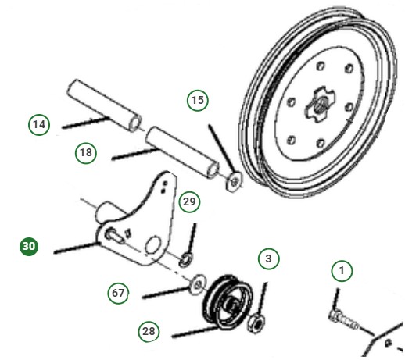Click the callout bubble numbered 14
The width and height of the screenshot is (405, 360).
click(x=38, y=124)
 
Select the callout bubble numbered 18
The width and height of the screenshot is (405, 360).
click(x=86, y=152)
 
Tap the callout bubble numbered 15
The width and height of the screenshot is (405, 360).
click(x=198, y=101)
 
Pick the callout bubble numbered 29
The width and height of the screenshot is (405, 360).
click(x=188, y=201)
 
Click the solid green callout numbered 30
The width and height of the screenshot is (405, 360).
click(x=29, y=246)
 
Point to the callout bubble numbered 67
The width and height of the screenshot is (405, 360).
click(x=117, y=293)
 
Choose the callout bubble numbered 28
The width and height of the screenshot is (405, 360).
click(x=149, y=331)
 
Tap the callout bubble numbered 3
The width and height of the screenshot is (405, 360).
click(x=268, y=258)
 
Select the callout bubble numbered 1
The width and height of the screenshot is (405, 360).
click(x=341, y=271)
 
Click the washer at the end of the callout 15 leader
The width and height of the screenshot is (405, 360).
click(x=232, y=184)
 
